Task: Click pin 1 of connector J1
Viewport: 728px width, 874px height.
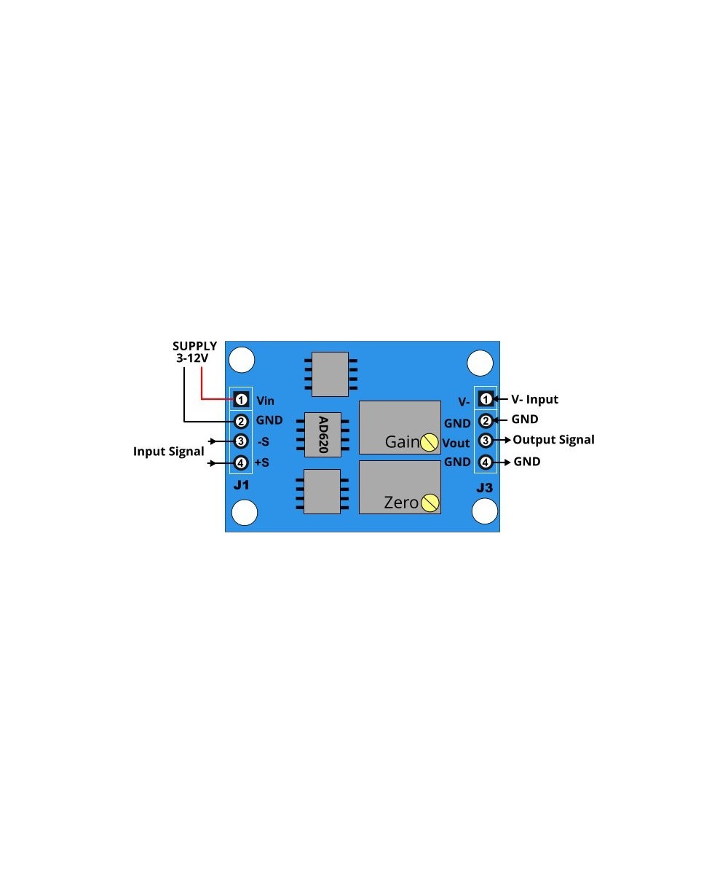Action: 242,399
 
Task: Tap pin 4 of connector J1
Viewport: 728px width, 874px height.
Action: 242,462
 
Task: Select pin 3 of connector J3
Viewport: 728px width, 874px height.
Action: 485,440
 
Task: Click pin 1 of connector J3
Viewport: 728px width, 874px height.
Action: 485,399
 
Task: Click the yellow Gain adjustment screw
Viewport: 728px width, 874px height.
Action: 430,441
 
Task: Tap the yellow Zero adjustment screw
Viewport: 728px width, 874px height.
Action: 430,502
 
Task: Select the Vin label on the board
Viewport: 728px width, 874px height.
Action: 266,401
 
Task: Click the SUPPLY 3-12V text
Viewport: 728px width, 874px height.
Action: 194,352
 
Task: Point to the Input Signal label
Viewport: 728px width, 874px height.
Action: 168,452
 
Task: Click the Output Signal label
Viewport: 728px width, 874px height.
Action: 553,440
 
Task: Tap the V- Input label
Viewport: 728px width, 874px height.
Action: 534,399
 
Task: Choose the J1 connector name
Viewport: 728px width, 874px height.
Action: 241,486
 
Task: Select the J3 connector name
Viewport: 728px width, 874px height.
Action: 484,487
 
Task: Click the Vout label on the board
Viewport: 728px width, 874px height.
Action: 456,443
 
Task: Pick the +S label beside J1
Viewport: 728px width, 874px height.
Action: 262,462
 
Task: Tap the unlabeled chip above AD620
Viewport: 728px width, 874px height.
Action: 330,374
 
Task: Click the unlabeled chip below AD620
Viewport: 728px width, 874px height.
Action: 322,492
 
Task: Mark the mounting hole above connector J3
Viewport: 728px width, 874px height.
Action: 480,361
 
